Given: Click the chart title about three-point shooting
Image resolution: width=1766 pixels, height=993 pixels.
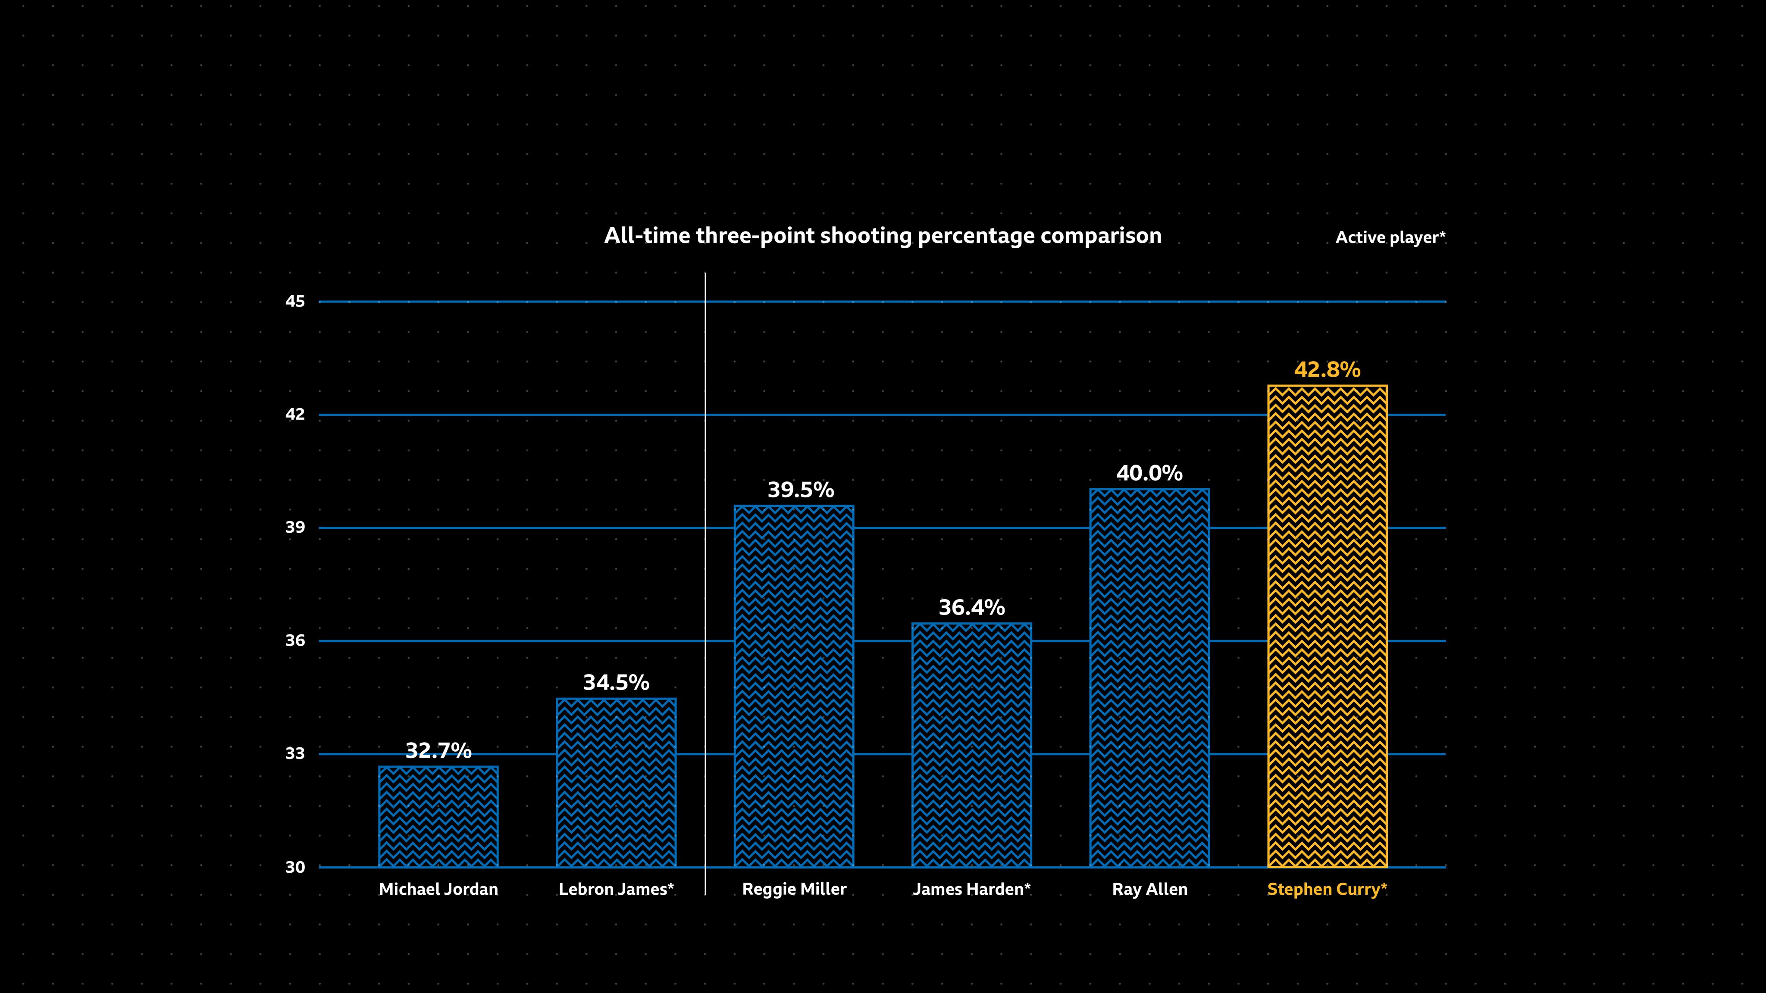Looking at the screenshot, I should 882,236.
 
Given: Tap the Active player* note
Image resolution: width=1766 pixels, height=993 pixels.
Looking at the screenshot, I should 1390,238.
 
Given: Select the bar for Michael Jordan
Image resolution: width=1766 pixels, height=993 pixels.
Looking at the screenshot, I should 438,817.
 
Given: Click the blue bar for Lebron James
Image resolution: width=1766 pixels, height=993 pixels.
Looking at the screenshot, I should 616,783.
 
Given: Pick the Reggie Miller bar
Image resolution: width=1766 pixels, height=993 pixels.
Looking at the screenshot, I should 794,687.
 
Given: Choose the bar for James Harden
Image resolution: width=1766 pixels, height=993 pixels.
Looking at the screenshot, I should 971,745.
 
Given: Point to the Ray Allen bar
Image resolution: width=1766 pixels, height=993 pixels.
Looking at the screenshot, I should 1149,678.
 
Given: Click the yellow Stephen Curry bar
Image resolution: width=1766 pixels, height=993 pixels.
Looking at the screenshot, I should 1327,626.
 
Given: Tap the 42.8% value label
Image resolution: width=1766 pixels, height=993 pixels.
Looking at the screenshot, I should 1327,370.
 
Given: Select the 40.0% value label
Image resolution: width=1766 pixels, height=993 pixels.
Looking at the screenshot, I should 1149,474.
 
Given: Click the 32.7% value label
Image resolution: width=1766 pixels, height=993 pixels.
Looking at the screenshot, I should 438,751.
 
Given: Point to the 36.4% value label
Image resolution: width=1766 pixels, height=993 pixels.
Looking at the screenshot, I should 971,608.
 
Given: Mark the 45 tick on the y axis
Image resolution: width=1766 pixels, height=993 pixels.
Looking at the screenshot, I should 295,302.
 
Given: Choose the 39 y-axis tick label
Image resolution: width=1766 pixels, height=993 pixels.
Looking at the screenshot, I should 295,528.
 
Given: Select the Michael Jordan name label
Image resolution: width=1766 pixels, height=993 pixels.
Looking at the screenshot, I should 438,890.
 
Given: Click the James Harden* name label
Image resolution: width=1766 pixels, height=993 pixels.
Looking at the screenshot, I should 971,890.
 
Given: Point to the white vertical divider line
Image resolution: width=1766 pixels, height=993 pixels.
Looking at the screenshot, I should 705,583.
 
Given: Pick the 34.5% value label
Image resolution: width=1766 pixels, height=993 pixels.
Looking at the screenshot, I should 616,683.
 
